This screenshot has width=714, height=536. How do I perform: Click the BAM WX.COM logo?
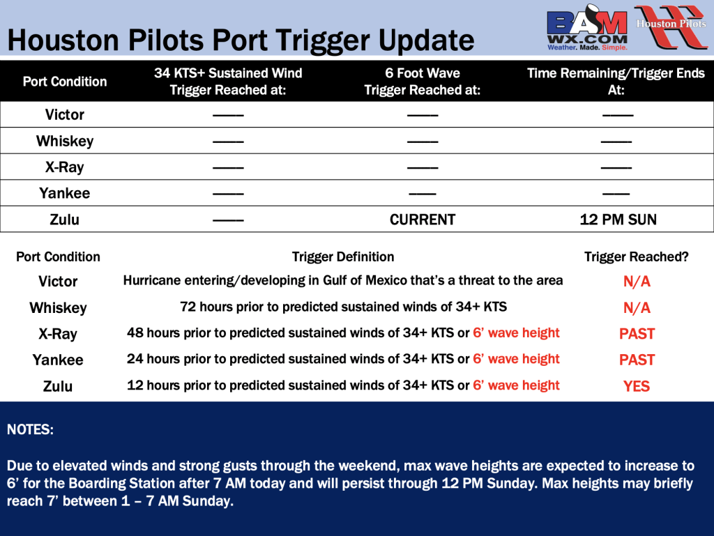[x=587, y=28]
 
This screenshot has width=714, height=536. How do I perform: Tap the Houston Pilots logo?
[x=671, y=26]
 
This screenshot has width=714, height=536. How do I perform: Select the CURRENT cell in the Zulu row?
[x=422, y=220]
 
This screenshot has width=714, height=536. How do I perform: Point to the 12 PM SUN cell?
[x=618, y=220]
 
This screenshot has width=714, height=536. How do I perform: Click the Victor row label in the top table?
[x=65, y=115]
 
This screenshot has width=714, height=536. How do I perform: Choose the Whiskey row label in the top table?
[x=65, y=141]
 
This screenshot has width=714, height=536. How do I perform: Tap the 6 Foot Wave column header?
[x=422, y=82]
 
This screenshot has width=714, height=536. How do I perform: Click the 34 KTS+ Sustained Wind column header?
[x=228, y=82]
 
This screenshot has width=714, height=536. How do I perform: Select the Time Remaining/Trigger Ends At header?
[x=616, y=82]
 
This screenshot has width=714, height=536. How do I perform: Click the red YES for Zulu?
[x=636, y=386]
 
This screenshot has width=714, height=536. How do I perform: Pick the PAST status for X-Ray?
[x=637, y=334]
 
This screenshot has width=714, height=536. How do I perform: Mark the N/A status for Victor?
[x=637, y=282]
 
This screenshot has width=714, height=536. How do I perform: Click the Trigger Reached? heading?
[x=636, y=256]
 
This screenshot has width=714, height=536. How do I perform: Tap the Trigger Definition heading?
[x=343, y=256]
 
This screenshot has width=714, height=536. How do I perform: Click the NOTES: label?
[x=30, y=429]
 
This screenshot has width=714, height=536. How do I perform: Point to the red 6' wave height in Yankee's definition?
[x=516, y=359]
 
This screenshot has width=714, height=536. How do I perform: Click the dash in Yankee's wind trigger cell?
[x=228, y=194]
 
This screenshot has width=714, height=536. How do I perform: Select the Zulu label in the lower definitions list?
[x=58, y=386]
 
